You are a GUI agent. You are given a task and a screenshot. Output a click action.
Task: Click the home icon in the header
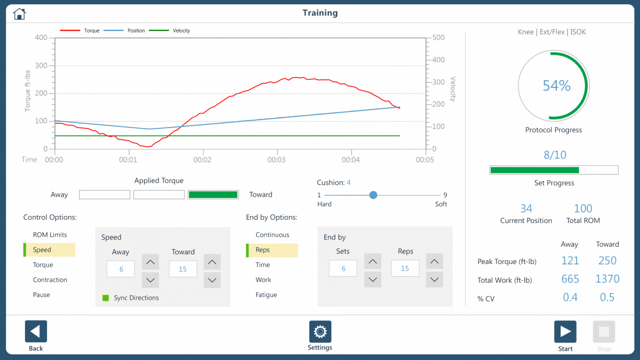[19, 14]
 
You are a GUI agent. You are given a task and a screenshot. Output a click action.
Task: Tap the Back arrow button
[36, 331]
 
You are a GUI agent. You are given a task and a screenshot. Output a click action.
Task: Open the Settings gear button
[320, 331]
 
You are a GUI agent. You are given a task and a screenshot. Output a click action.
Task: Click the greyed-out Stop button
[604, 331]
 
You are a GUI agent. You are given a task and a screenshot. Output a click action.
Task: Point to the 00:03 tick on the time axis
[276, 159]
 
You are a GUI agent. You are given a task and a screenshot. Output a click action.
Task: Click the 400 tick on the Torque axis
[41, 38]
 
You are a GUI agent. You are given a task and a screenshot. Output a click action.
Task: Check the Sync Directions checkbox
[106, 298]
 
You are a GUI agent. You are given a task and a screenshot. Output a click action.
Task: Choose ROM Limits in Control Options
[50, 235]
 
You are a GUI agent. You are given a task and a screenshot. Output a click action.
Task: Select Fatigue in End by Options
[266, 294]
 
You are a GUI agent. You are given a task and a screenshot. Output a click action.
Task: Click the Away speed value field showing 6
[121, 269]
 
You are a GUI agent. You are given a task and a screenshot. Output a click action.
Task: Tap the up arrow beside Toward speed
[212, 262]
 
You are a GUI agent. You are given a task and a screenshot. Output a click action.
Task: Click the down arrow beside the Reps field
[435, 279]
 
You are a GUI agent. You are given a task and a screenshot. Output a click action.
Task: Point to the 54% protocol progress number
[556, 85]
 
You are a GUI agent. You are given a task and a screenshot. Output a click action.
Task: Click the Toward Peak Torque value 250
[607, 261]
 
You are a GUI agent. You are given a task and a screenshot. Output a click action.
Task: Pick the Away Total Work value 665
[570, 279]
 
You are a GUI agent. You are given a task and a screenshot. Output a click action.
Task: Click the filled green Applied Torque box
[213, 195]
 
